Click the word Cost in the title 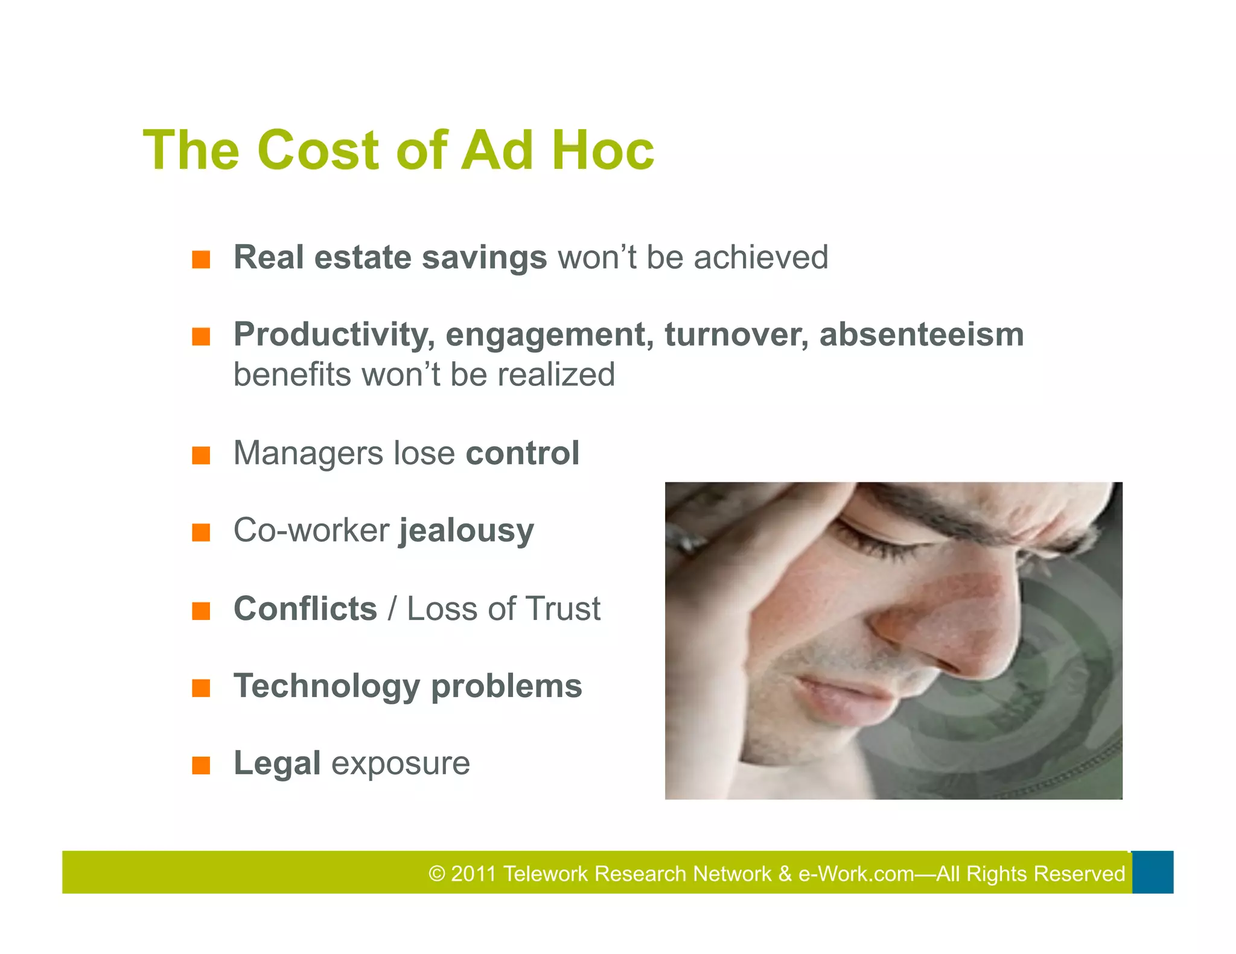318,150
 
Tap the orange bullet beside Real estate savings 201,260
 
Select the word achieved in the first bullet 761,257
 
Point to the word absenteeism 921,335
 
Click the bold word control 522,453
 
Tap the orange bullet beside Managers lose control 201,456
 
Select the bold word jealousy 467,531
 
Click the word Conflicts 305,608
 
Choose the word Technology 327,686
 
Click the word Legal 277,763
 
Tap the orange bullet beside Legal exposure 201,766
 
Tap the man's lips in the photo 845,700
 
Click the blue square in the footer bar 1152,872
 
